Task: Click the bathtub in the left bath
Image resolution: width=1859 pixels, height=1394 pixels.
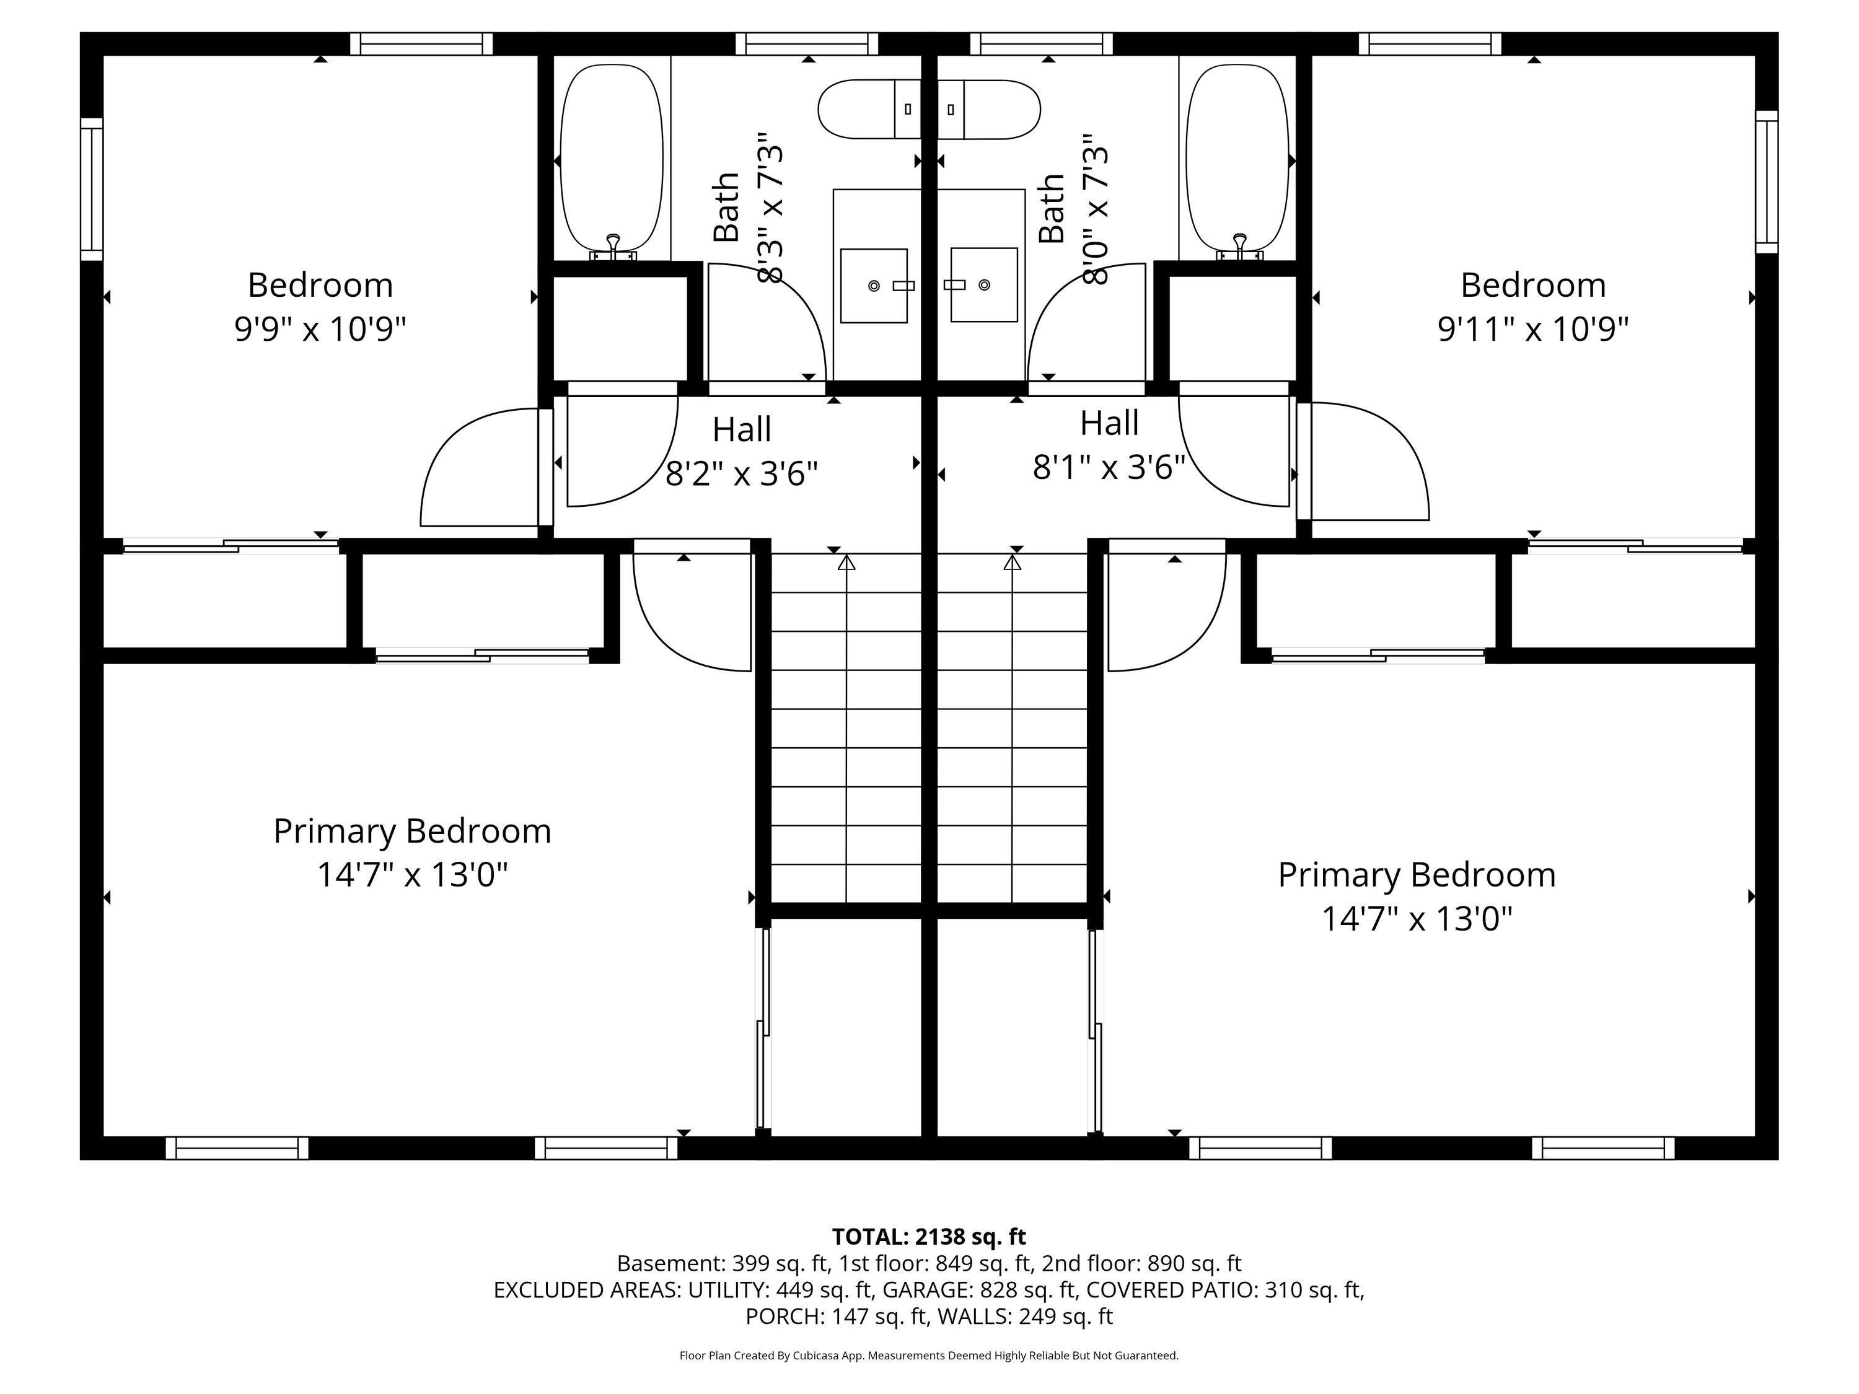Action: tap(611, 160)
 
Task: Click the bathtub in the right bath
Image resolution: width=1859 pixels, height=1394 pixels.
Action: tap(1237, 160)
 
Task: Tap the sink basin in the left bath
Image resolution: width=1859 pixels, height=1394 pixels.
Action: tap(874, 286)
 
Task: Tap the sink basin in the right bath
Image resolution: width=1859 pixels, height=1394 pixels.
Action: tap(984, 285)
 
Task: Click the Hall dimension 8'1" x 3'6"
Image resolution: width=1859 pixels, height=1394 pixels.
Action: tap(1109, 467)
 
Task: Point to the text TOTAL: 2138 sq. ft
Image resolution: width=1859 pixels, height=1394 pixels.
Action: tap(929, 1237)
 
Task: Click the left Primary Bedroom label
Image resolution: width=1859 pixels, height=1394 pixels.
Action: tap(412, 831)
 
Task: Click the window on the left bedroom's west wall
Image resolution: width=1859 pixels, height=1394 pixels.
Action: tap(92, 189)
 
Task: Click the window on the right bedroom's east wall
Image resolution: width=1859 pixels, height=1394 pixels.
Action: tap(1767, 182)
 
